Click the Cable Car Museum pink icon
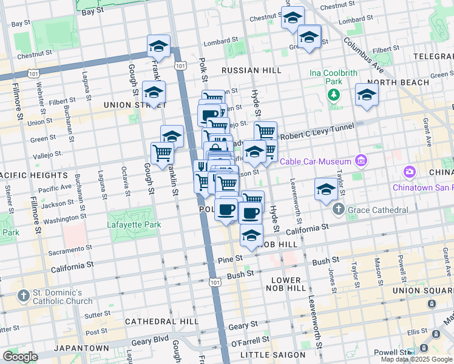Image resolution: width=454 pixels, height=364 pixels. point(361,161)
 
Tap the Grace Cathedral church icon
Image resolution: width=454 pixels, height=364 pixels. point(338,210)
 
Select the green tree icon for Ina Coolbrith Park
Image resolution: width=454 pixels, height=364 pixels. point(333,95)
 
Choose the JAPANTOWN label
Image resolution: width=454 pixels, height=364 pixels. point(81,348)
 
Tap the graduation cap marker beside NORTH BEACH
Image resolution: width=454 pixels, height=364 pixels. point(367,95)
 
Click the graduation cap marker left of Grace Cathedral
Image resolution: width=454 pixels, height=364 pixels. point(326,189)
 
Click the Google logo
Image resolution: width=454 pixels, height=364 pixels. point(20,357)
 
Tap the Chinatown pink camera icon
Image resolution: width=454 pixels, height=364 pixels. point(410,172)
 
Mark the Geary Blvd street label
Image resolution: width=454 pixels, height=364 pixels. point(149,342)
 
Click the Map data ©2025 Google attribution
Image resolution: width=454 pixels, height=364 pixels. point(416,359)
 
